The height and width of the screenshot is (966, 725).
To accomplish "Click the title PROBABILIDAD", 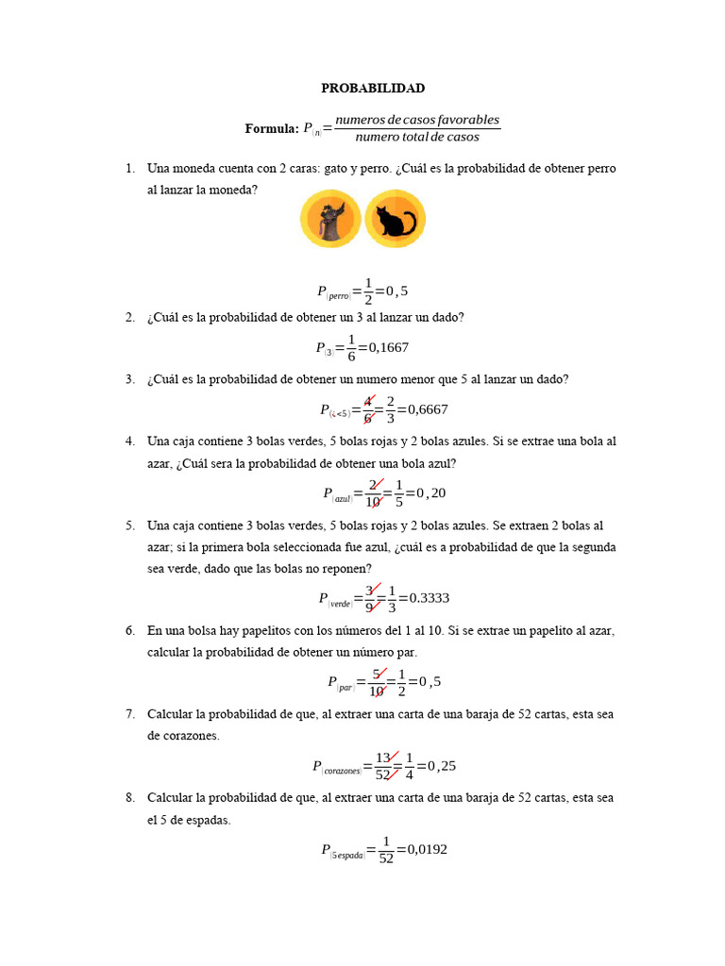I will pos(373,88).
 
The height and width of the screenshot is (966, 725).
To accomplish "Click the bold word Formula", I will pos(271,129).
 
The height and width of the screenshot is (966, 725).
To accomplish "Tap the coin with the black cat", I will pos(396,219).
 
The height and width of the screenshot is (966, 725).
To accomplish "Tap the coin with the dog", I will pos(330,219).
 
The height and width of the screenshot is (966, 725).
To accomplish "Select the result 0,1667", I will pos(389,347).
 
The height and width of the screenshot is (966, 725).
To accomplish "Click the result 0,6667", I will pos(422,409).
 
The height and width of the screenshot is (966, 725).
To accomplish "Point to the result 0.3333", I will pos(424,597).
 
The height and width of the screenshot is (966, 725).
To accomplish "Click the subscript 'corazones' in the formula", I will pos(342,771).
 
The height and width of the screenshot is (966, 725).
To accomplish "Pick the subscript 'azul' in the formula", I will pos(342,498).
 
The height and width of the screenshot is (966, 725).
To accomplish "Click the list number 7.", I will pos(129,714).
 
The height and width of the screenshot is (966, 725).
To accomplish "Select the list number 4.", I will pos(129,441).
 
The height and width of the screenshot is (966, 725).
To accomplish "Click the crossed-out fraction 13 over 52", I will pos(383,766).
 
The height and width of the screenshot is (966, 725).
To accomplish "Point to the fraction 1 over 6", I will pos(351,347).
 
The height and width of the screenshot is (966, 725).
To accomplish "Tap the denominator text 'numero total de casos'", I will pos(417,138).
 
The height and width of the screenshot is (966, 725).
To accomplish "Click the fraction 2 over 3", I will pos(390,409).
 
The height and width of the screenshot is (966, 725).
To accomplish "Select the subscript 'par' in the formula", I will pos(346,687).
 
